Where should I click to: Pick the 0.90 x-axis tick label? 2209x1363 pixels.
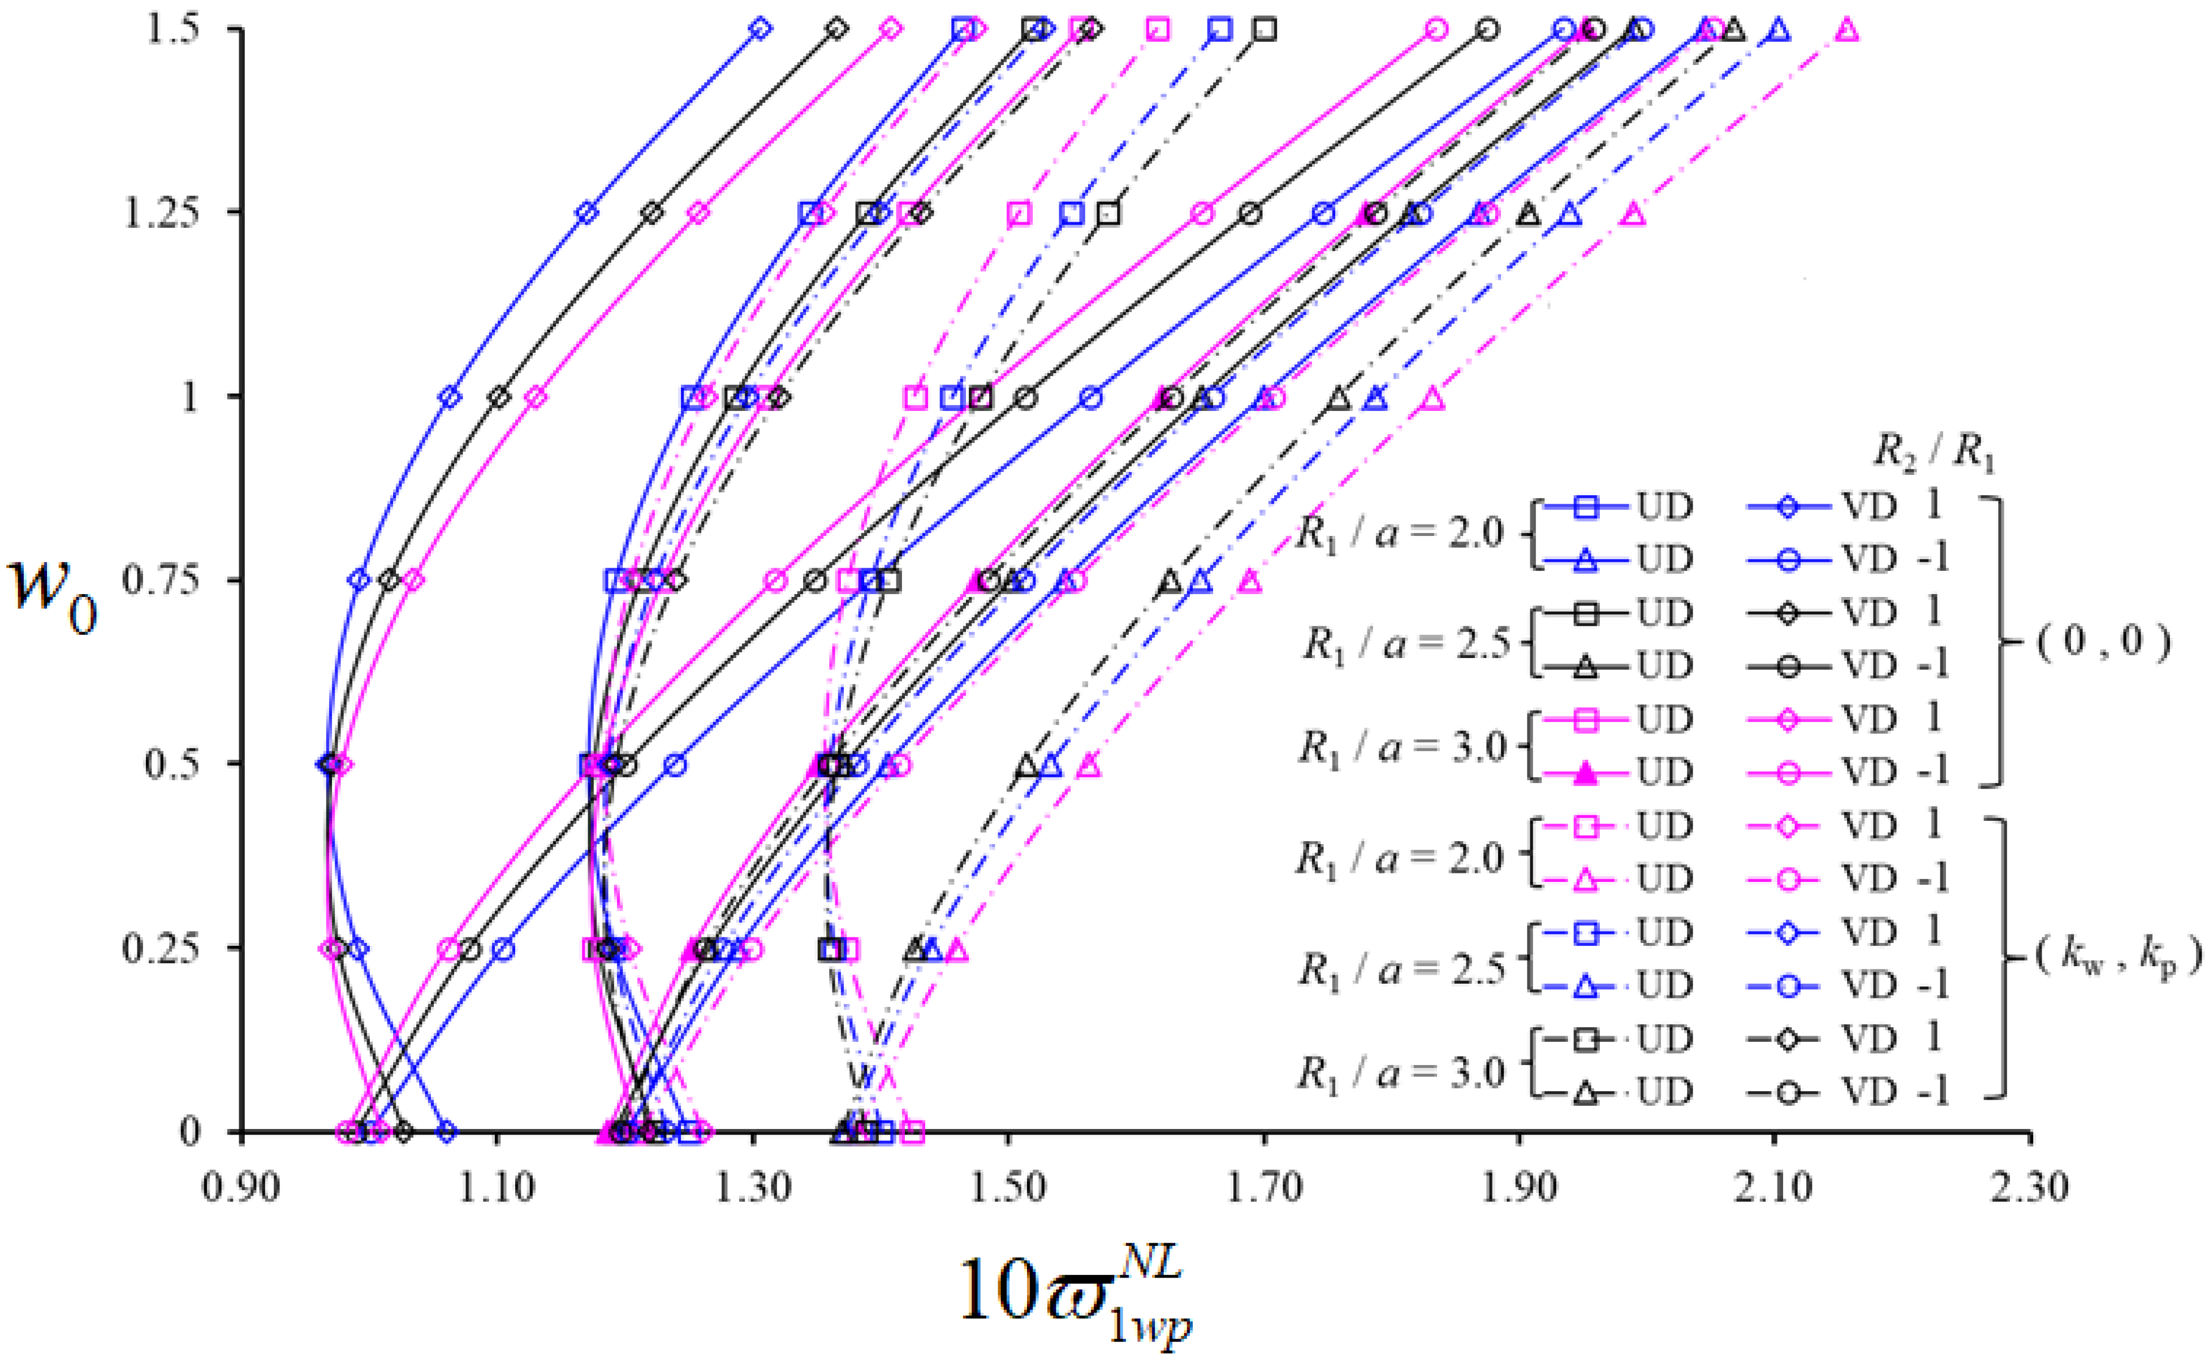click(241, 1188)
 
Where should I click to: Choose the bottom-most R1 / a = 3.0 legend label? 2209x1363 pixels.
click(1400, 1073)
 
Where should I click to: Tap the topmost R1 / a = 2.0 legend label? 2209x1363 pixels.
click(1400, 534)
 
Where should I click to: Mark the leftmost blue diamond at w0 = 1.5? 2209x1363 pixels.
click(761, 29)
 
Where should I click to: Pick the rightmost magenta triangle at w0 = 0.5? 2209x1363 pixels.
click(1089, 764)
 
